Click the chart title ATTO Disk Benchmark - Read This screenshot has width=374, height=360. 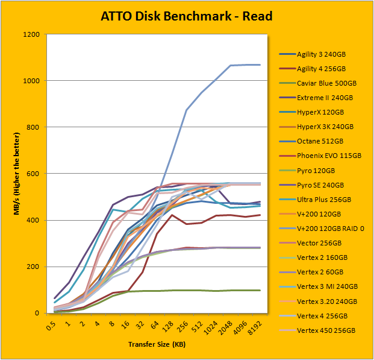coord(186,16)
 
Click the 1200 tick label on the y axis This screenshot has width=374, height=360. coord(33,34)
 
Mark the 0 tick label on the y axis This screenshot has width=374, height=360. coord(38,313)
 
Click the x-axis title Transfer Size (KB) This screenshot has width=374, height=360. coord(157,344)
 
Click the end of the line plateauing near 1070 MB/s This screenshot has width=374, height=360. coord(260,65)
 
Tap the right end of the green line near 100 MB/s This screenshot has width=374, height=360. coord(260,290)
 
